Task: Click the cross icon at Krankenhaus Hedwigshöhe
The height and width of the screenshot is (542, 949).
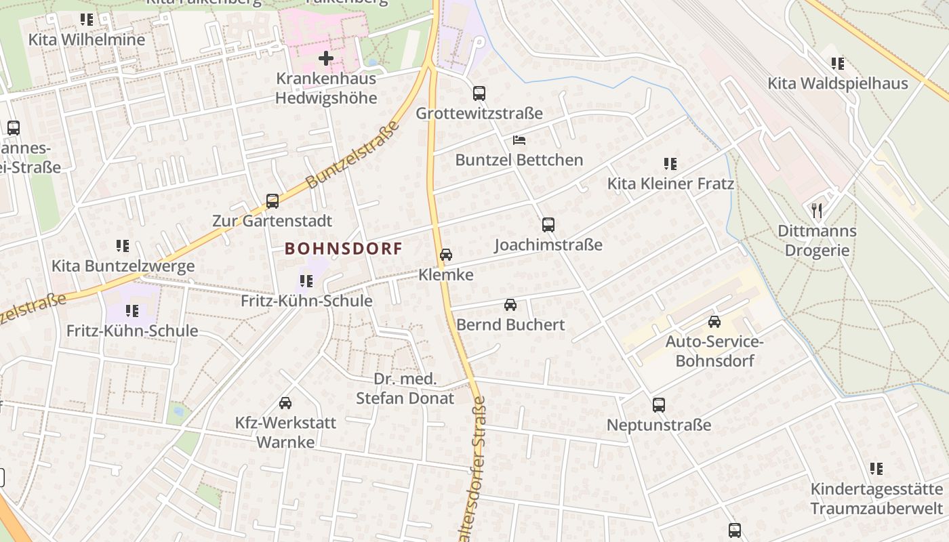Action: [x=326, y=58]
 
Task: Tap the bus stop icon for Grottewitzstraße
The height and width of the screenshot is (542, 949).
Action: [x=479, y=93]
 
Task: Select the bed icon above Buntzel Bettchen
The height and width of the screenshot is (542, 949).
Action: [x=519, y=140]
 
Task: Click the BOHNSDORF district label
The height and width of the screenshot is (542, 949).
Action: [x=344, y=249]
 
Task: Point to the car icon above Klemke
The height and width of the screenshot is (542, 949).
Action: [x=446, y=255]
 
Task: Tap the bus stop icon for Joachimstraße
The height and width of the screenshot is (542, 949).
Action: [x=548, y=224]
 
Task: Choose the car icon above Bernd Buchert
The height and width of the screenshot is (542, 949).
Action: [x=510, y=305]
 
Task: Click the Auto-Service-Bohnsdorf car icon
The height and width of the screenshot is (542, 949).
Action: [x=714, y=322]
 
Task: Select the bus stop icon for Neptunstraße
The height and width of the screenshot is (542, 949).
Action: [x=659, y=405]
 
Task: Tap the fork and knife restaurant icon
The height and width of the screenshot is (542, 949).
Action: [x=817, y=211]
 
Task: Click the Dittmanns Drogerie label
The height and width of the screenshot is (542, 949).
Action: [x=817, y=241]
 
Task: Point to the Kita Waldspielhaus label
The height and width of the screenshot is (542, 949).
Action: [x=837, y=83]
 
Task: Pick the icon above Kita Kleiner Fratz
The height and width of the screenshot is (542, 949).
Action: [x=670, y=163]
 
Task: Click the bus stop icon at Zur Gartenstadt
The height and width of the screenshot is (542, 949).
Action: [x=272, y=201]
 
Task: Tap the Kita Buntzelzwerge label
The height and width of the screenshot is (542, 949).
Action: [x=123, y=266]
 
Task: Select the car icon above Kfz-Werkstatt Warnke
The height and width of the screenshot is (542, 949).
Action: [x=285, y=403]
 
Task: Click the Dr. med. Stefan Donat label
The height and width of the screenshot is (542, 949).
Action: [x=405, y=389]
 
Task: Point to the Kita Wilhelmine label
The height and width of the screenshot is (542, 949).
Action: [x=87, y=39]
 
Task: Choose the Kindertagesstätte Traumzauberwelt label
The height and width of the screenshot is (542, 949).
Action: [x=876, y=499]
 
